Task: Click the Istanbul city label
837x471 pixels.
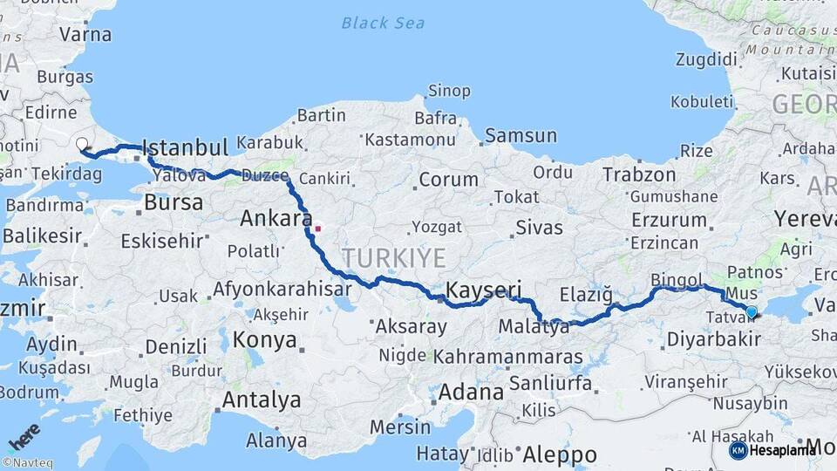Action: tap(184, 146)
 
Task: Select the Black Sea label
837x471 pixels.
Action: tap(383, 23)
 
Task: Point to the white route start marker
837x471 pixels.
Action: tap(82, 144)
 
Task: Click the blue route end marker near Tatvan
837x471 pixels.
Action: tap(752, 311)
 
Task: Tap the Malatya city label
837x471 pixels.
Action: tap(534, 328)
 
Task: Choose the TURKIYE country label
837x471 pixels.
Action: tap(394, 258)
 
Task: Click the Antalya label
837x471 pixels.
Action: tap(262, 400)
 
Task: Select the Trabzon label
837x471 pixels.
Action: tap(640, 174)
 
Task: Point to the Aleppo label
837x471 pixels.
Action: tap(559, 454)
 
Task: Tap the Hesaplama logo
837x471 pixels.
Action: tap(773, 450)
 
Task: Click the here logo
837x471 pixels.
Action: tap(23, 436)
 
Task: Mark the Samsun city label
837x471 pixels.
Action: tap(521, 135)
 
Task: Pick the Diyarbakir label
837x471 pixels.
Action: tap(712, 339)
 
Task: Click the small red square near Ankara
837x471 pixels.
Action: tap(318, 229)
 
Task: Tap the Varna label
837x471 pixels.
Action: tap(85, 35)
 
